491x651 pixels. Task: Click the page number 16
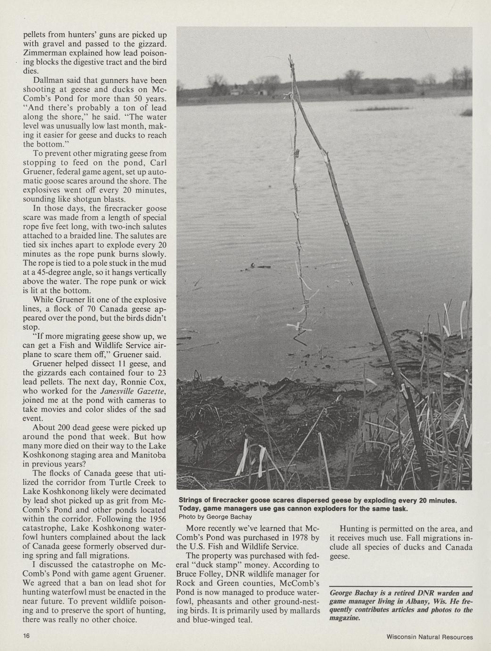[x=26, y=636]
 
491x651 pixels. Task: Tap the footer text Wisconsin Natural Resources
[x=429, y=637]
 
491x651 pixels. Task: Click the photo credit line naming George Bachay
[x=215, y=517]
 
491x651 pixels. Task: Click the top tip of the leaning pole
[x=290, y=57]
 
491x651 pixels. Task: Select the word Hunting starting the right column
[x=355, y=529]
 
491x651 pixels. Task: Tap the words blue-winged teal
[x=219, y=620]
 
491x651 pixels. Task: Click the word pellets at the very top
[x=35, y=34]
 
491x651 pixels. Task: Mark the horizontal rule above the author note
[x=401, y=586]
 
